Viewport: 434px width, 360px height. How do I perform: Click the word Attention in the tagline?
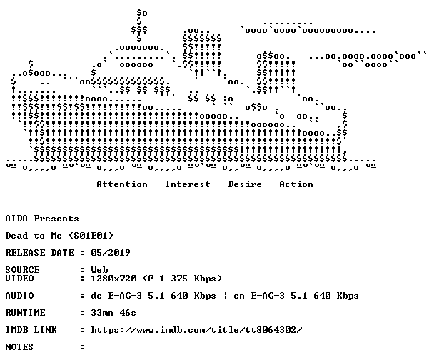pyautogui.click(x=122, y=184)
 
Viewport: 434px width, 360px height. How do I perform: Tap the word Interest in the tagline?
pyautogui.click(x=188, y=184)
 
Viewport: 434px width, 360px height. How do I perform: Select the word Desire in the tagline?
pyautogui.click(x=245, y=184)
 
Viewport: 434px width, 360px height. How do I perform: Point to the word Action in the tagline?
pyautogui.click(x=296, y=184)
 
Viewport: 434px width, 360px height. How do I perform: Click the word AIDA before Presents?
pyautogui.click(x=16, y=219)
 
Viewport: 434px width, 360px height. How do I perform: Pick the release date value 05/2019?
pyautogui.click(x=111, y=253)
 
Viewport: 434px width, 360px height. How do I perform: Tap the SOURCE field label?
pyautogui.click(x=22, y=270)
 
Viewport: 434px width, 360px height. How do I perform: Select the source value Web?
pyautogui.click(x=99, y=270)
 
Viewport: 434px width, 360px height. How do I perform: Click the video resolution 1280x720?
pyautogui.click(x=113, y=279)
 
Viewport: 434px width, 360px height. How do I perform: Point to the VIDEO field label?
pyautogui.click(x=19, y=279)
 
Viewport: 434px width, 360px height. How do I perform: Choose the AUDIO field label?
pyautogui.click(x=19, y=296)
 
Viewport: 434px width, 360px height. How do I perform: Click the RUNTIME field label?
pyautogui.click(x=25, y=313)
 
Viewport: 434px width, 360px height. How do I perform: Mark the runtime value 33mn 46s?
pyautogui.click(x=113, y=313)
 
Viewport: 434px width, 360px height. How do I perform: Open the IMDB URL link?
pyautogui.click(x=197, y=330)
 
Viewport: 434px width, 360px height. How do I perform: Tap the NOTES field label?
pyautogui.click(x=19, y=347)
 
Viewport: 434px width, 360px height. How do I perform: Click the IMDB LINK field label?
pyautogui.click(x=31, y=330)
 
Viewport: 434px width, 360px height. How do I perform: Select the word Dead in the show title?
pyautogui.click(x=16, y=236)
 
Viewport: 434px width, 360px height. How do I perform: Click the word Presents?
pyautogui.click(x=56, y=219)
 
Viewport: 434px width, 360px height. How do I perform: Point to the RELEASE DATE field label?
pyautogui.click(x=39, y=253)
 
